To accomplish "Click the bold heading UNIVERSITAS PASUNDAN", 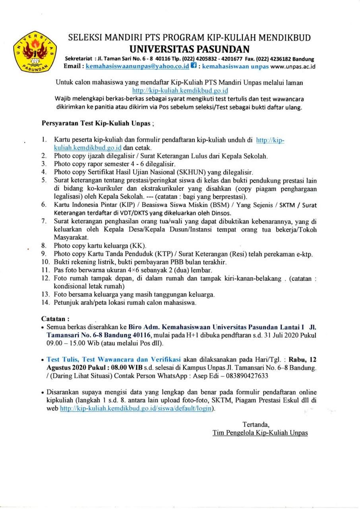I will (x=189, y=49).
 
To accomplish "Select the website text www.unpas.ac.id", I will (x=292, y=66).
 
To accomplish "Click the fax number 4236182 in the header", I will (x=283, y=59).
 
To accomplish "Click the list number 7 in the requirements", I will (x=45, y=221).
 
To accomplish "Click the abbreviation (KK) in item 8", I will (x=139, y=245).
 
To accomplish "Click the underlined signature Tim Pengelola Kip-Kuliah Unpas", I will (x=260, y=432).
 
